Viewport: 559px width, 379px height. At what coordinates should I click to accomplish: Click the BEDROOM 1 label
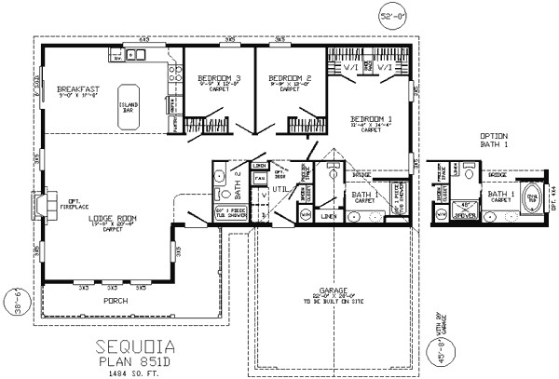(x=372, y=119)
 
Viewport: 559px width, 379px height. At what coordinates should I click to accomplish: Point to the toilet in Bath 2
(x=221, y=194)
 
